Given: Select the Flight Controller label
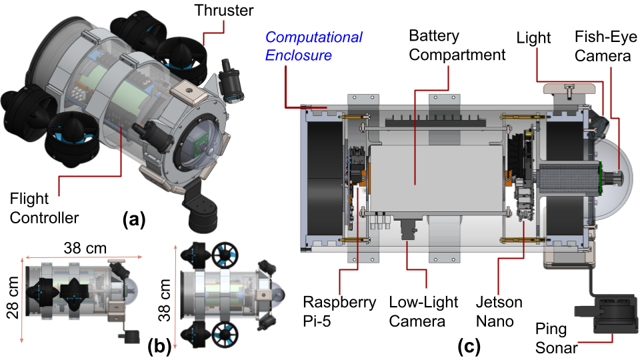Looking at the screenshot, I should click(43, 207).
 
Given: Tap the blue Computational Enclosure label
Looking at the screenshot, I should click(314, 45).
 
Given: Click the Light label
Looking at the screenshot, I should click(533, 38).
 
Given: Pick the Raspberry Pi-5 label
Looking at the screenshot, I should click(341, 311).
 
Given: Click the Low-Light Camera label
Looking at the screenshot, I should click(424, 311).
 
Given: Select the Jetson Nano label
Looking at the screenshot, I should click(495, 311).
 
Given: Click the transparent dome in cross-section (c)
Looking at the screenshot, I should click(617, 177).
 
